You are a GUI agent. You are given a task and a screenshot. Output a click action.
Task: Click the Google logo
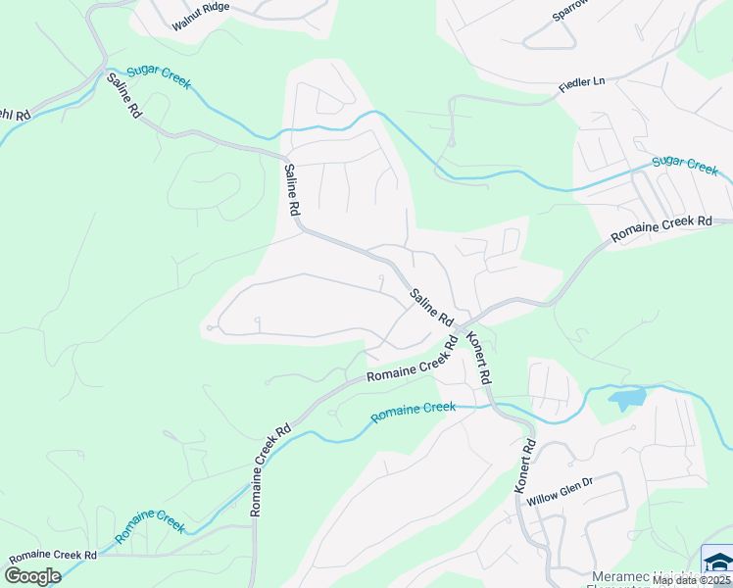point(32,576)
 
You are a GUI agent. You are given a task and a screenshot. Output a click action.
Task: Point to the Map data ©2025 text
point(692,580)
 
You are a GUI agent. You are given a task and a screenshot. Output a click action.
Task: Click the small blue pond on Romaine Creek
point(627,398)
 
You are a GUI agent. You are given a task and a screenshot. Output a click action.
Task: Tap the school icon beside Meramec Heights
point(718,562)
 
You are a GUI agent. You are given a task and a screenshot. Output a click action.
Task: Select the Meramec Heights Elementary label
point(647,578)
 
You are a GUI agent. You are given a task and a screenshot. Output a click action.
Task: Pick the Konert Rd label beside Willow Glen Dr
point(526,465)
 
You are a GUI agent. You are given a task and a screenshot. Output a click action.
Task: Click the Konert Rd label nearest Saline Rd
point(478,359)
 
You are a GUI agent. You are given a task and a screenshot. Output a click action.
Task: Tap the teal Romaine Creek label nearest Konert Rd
point(413,413)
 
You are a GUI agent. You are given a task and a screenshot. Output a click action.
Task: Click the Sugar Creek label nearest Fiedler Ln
point(685,165)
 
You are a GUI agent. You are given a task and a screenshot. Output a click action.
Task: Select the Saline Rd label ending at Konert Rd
point(431,307)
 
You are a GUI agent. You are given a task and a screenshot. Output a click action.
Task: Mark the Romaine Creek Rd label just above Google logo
point(49,555)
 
